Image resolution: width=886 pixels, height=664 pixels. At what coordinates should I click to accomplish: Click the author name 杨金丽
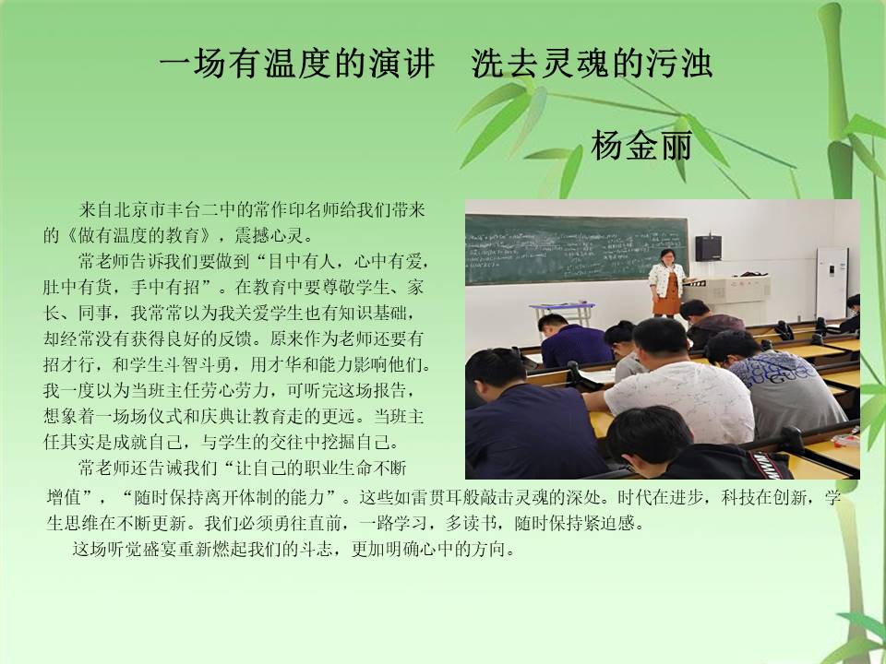(x=641, y=146)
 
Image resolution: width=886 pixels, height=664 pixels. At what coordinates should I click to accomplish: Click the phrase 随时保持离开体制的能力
(x=229, y=497)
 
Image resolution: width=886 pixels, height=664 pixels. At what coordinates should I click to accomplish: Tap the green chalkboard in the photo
(x=577, y=249)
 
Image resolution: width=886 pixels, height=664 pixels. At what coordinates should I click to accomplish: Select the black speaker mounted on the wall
(x=708, y=248)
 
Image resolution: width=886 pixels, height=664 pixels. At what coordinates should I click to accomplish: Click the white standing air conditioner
(x=832, y=283)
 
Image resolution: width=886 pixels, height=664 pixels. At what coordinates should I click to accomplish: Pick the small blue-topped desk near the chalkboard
(x=562, y=313)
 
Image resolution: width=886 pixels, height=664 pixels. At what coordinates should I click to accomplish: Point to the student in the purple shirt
(x=573, y=341)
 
